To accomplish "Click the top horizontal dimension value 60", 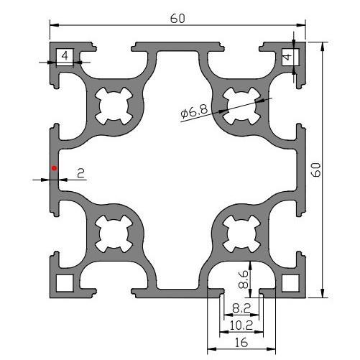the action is coord(177,19).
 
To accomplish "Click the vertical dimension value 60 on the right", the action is coord(316,170).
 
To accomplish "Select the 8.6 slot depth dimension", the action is coord(243,279).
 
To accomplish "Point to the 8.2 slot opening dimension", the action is coord(241,308).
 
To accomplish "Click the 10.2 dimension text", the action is coord(241,326).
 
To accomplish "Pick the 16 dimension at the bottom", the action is coord(241,343).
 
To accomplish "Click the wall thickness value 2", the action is coord(81,173).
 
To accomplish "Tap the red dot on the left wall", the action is coord(55,168).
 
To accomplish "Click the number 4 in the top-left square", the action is coord(65,56).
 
